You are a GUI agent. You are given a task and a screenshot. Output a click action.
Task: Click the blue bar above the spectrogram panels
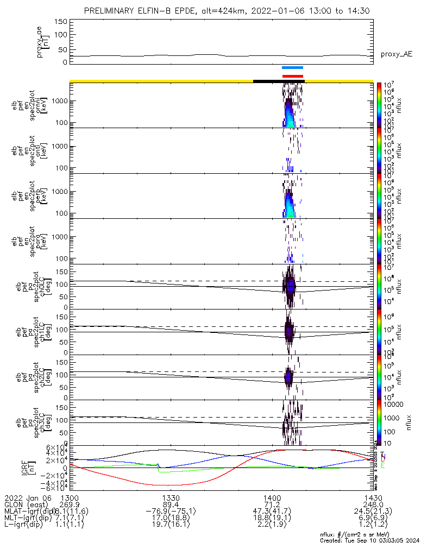(292, 68)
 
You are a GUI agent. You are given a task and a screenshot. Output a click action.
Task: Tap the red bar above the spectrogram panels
(292, 76)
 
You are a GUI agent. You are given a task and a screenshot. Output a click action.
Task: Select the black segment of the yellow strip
(279, 81)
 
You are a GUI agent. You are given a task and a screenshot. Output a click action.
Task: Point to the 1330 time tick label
(171, 498)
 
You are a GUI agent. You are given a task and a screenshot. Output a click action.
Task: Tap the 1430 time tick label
(373, 498)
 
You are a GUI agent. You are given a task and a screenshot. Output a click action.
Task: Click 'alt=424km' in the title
(209, 10)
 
